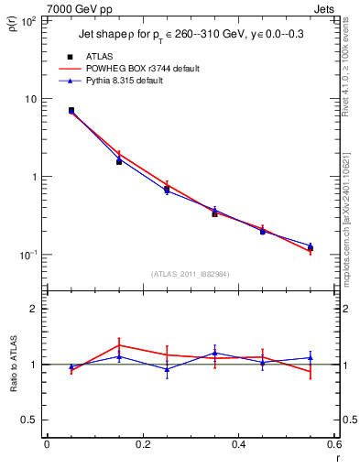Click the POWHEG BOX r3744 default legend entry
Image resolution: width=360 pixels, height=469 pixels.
tap(137, 69)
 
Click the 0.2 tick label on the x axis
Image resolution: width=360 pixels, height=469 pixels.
tap(142, 445)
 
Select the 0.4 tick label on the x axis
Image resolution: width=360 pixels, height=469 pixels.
tap(237, 445)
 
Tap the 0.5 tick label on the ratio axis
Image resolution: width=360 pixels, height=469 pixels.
tap(29, 420)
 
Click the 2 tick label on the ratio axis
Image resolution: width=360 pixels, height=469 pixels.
tap(35, 309)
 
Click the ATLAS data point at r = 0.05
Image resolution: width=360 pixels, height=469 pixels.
tap(71, 110)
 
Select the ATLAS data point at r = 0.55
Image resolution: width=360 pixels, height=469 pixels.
tap(310, 247)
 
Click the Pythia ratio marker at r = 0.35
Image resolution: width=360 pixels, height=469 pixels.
tap(214, 353)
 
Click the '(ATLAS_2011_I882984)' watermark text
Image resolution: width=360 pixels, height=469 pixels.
tap(191, 274)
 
